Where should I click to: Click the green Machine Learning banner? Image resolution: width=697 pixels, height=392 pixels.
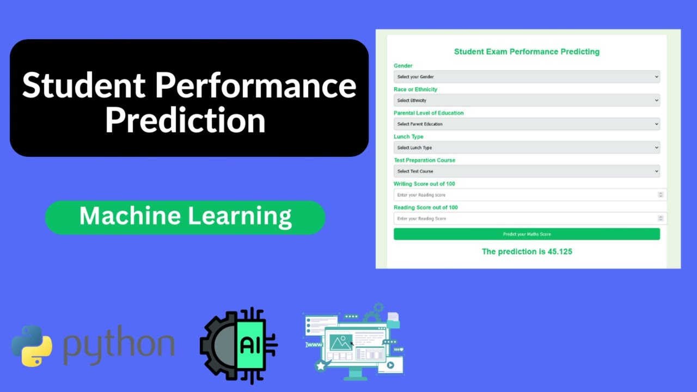point(185,217)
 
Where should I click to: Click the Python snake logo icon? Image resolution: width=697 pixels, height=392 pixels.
point(32,346)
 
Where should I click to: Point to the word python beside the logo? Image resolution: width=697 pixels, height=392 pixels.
point(119,345)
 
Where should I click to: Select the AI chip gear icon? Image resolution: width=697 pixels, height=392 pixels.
point(238,346)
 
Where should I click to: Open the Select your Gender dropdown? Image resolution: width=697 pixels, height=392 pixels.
point(527,77)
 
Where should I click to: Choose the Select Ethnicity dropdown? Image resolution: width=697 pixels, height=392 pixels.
point(527,100)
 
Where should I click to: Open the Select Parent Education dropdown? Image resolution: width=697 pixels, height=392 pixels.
point(527,124)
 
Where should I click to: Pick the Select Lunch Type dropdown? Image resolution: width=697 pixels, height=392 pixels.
point(527,148)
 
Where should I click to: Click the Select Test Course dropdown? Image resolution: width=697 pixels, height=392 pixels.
point(527,171)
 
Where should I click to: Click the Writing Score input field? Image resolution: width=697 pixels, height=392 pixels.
point(527,195)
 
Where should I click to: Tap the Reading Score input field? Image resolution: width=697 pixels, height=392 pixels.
point(527,218)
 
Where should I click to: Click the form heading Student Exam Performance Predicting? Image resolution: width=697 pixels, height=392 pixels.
point(527,52)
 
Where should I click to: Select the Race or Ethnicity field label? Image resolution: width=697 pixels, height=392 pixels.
point(415,89)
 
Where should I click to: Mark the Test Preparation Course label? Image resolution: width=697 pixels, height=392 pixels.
point(424,160)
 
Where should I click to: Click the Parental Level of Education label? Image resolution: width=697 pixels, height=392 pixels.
point(429,113)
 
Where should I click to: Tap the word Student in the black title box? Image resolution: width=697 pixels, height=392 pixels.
point(84,85)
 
